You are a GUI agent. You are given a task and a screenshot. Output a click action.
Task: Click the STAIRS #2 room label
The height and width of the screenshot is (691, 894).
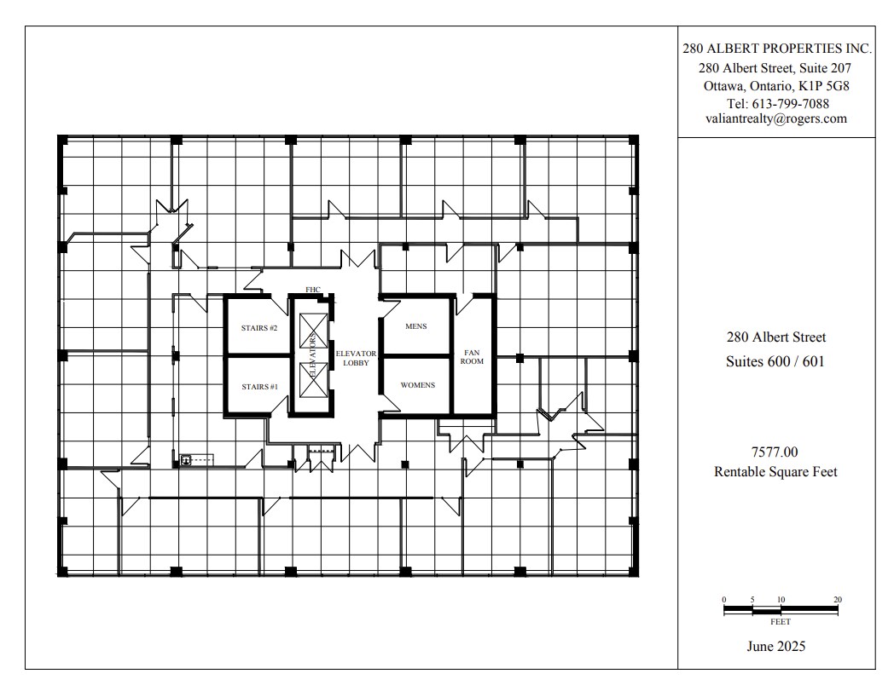(258, 327)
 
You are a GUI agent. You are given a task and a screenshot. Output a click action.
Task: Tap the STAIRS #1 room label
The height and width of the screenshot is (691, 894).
(258, 386)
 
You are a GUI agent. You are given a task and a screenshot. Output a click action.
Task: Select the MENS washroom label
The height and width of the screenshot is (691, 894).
(416, 326)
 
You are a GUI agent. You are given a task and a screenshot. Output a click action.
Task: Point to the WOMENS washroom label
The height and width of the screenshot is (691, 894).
(417, 385)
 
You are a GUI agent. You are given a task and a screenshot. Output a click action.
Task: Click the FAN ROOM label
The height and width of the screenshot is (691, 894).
(473, 356)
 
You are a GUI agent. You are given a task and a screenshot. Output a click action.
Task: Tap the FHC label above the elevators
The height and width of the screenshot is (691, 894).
(312, 290)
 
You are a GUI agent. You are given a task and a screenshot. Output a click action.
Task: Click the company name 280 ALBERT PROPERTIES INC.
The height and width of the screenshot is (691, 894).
(775, 49)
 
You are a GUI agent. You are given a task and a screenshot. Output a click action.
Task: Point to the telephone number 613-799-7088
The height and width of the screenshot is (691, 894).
(797, 104)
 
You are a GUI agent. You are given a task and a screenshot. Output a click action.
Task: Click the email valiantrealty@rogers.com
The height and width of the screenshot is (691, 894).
(775, 119)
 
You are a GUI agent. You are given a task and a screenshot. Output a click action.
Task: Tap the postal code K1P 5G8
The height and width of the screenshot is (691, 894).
(822, 86)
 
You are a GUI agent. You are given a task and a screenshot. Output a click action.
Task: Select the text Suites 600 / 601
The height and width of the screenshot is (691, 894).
(775, 361)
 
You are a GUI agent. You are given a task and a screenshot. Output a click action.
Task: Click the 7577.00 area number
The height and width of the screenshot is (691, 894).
(775, 452)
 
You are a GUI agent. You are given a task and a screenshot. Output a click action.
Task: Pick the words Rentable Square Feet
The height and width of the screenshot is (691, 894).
(775, 472)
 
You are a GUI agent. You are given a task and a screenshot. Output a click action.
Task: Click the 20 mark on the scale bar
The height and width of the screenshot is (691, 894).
(837, 600)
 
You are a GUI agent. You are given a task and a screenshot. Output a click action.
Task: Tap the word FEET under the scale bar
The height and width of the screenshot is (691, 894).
(780, 622)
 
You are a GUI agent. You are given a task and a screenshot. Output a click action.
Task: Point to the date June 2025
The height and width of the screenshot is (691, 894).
(775, 646)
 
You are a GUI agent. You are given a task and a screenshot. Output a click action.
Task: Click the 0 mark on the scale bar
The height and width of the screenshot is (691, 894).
(723, 600)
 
